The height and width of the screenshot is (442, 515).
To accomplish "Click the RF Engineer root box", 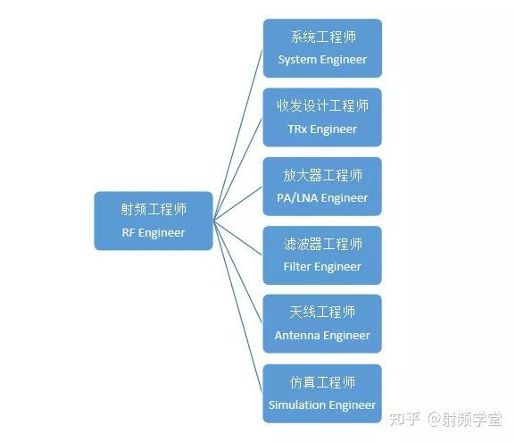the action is point(154,221).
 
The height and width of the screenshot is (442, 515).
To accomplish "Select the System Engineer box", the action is point(322,48).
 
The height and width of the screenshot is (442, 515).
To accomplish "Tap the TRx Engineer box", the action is point(322,117).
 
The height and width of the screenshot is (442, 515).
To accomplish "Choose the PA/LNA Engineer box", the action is point(322,187).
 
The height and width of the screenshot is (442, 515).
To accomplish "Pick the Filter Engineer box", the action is point(322,255).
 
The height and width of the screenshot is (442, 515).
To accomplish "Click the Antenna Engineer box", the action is point(322,324).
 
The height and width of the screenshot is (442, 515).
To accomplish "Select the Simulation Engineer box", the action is point(322,394).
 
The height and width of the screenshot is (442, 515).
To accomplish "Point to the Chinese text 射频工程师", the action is point(154,209).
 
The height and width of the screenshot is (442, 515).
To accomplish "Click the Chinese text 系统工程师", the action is point(323,37).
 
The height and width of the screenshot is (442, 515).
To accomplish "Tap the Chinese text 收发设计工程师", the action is point(322,106).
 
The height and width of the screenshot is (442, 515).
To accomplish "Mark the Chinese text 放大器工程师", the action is point(323,175).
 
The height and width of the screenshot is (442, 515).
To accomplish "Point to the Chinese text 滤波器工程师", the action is point(323,244).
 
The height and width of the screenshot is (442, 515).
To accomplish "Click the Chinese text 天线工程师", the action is point(322,313).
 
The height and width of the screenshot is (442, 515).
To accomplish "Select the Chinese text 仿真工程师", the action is point(322,382).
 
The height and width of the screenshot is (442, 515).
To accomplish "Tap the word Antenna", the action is point(295,335).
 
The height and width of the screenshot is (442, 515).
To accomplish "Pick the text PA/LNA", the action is point(297,198).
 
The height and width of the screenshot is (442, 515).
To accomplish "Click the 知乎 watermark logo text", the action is point(404,419).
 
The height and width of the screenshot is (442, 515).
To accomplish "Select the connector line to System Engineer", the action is point(238,135).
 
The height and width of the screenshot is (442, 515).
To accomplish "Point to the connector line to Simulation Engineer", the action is point(238,306).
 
